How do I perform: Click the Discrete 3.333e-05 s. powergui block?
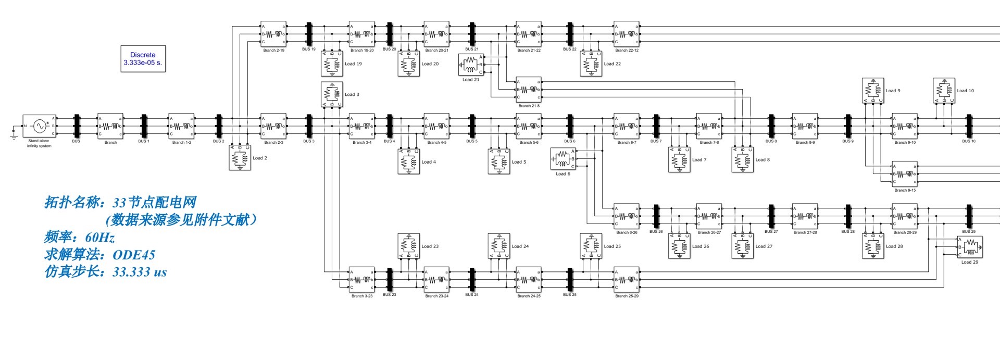143,58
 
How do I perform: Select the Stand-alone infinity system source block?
39,126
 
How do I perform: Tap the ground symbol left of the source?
12,136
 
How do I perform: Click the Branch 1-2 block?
181,126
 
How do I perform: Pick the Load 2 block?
240,158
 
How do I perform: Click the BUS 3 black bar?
309,126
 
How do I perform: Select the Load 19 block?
332,64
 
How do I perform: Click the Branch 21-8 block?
528,90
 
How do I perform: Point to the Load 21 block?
470,65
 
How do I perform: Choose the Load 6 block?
562,159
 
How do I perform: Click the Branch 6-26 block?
626,216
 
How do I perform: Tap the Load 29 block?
970,247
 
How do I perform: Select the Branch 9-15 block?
905,174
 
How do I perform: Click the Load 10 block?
944,91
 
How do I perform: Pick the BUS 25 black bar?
570,280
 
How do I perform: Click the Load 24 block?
499,246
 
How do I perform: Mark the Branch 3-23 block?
361,280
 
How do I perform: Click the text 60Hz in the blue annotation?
100,238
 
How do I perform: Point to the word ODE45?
134,255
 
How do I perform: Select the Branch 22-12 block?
626,34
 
